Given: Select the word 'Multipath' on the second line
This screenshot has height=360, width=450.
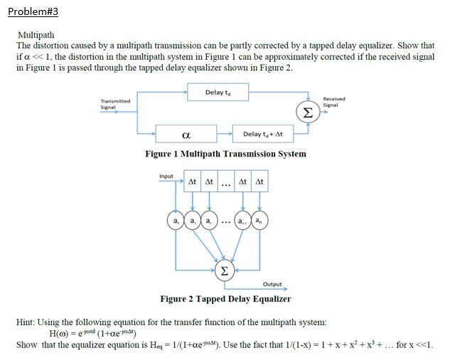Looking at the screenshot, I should click(x=36, y=34).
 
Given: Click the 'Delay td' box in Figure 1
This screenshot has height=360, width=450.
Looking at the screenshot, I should click(x=216, y=92).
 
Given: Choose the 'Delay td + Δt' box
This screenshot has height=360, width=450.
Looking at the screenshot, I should click(x=263, y=134).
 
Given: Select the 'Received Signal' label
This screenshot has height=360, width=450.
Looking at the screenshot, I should click(x=333, y=102).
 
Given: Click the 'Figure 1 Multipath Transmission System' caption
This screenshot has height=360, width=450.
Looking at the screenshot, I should click(x=225, y=154).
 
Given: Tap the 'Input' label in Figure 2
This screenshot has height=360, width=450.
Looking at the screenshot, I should click(x=166, y=175).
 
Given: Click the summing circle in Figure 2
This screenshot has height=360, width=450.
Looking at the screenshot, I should click(x=225, y=270).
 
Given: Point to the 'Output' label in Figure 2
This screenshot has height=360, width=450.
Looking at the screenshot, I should click(x=272, y=285).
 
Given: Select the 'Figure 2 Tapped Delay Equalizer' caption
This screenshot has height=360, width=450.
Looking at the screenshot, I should click(x=225, y=299).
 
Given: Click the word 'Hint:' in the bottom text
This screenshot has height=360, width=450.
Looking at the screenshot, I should click(x=27, y=322).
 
